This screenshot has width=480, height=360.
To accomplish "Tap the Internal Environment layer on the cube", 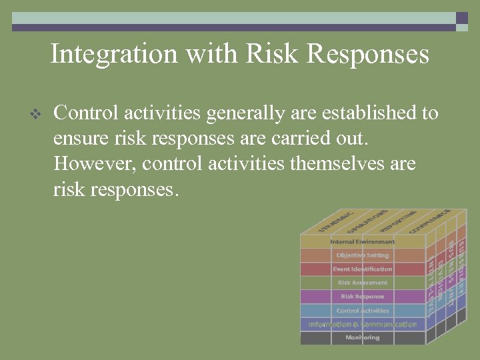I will point(362,241).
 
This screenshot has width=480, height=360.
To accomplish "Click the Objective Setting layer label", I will point(362,255).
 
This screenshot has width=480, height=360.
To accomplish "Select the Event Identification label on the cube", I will point(362,269).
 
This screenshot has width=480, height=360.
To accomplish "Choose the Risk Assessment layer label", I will point(362,283).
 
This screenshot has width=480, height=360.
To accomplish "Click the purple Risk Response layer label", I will point(362,297).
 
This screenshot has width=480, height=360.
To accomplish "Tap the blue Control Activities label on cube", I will point(362,311).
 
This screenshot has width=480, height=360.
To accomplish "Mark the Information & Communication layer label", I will point(362,325).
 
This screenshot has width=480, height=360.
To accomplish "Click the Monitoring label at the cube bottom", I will point(362,338).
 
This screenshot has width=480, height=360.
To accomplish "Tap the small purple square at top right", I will point(461,19).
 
